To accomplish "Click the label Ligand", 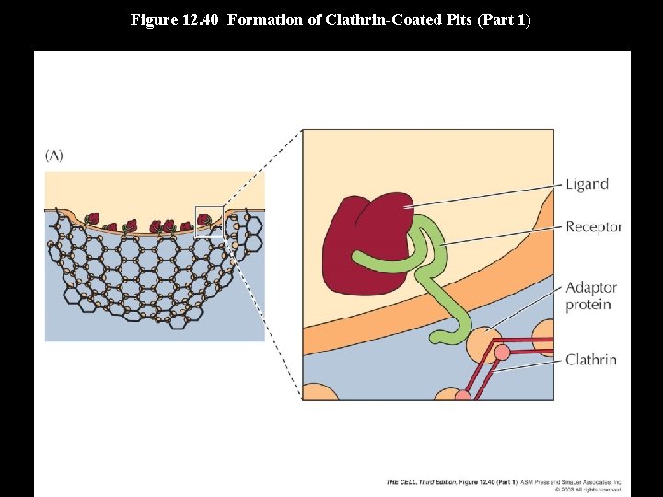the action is point(587,184).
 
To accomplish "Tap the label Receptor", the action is point(593,226).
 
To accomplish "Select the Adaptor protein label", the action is point(590,295).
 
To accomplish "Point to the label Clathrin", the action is point(590,360).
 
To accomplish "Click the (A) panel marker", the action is point(54,156).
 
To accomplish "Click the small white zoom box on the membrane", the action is point(209,221).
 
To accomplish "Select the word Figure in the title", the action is point(151,19).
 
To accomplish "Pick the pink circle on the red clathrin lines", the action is point(502,353).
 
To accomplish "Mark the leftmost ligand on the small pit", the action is point(92,219).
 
